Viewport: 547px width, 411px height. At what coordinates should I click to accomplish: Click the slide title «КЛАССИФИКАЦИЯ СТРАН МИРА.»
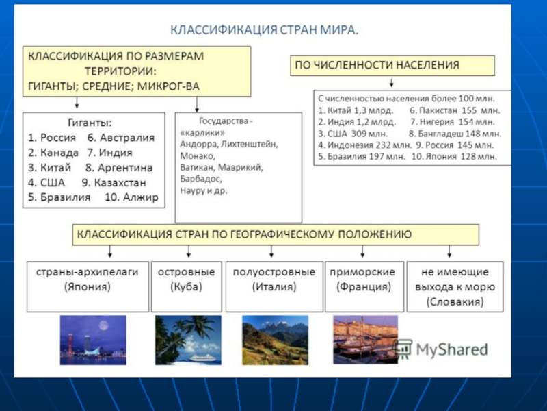pos(264,30)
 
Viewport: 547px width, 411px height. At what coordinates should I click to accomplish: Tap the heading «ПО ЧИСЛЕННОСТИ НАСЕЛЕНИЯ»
pos(377,65)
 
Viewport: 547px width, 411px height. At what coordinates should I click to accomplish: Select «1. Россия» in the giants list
pos(52,138)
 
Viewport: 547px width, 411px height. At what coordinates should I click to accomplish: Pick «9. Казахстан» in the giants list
pos(114,183)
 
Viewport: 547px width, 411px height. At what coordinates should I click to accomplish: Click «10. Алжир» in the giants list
pos(131,197)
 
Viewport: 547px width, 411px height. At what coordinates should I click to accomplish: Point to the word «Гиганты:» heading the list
pos(90,123)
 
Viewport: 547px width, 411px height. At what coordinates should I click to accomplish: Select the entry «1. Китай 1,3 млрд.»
pos(356,110)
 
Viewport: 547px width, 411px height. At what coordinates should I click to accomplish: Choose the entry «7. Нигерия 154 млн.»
pos(452,122)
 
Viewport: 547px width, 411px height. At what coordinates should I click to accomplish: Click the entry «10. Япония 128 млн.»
pos(454,157)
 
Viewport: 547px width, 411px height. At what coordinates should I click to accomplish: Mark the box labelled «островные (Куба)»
pos(186,286)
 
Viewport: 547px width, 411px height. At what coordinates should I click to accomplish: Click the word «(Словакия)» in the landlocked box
pos(455,302)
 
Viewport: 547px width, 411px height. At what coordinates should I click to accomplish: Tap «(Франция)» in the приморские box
pos(364,287)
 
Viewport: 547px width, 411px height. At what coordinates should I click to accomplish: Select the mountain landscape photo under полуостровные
pos(276,340)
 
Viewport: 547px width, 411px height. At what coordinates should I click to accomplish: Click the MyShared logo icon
pos(403,349)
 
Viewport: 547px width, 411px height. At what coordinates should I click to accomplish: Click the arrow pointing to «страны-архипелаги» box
pos(110,251)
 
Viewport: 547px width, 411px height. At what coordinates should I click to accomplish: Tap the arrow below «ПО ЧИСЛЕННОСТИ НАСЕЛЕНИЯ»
pos(391,82)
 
